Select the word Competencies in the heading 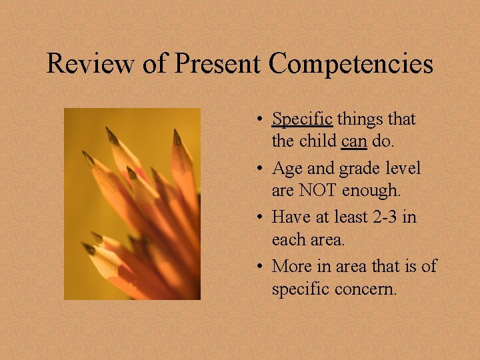coord(351,64)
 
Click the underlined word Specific coord(302,120)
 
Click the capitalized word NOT coord(317,191)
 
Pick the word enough coord(373,191)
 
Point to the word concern coord(371,290)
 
